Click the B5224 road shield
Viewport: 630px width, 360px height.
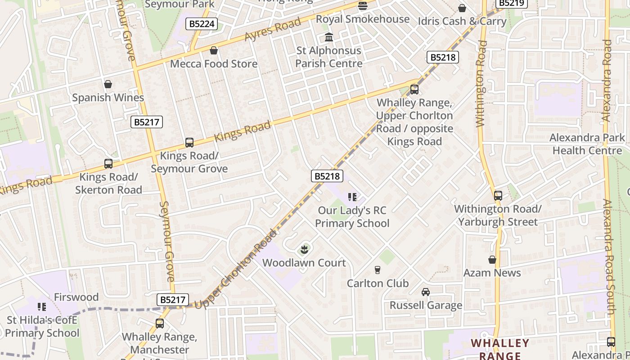[x=201, y=24]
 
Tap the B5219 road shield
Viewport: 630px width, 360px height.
[x=511, y=3]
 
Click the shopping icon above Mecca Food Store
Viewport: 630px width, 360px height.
[x=214, y=50]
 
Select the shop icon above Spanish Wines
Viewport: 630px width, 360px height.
[x=108, y=84]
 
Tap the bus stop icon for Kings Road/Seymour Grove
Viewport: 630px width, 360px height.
[x=189, y=143]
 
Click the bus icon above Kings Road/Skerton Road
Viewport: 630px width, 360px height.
[x=108, y=164]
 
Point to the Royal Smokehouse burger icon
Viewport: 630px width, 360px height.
[x=362, y=6]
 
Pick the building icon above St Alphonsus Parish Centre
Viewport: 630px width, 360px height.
[x=329, y=37]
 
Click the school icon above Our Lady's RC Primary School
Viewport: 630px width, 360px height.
[x=352, y=197]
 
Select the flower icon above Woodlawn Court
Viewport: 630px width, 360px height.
[x=304, y=249]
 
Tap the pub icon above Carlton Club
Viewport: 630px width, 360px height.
[x=378, y=270]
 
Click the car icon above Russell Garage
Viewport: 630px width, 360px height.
[x=426, y=292]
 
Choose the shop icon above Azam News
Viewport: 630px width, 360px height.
[x=492, y=260]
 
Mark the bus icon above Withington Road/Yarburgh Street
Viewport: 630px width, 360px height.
[x=498, y=196]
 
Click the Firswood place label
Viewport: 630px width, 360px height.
[x=76, y=297]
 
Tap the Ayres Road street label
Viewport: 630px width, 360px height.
[x=273, y=30]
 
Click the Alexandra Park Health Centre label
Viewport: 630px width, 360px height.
[x=587, y=144]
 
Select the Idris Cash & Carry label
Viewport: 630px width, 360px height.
[x=462, y=21]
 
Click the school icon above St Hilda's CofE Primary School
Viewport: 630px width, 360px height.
[x=42, y=307]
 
